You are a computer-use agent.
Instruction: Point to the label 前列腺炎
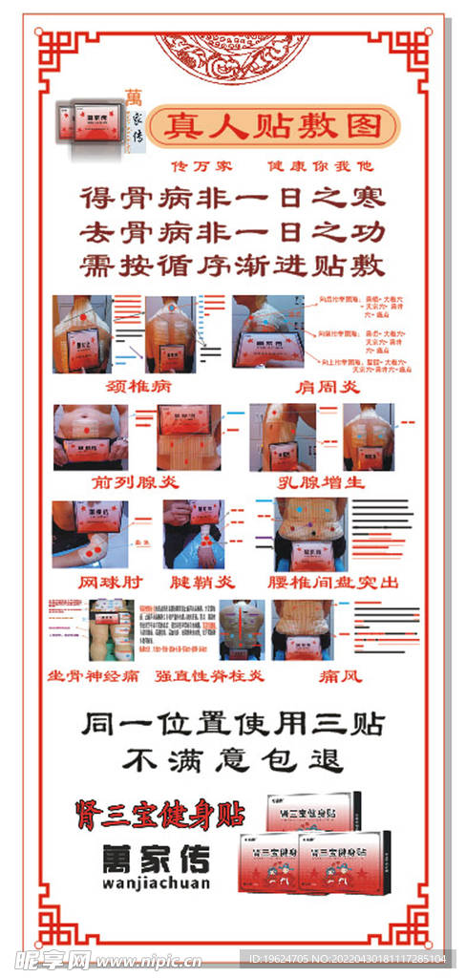[x=126, y=481]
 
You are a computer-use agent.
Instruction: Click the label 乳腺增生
[x=321, y=481]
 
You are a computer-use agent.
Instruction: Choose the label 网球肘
[x=107, y=581]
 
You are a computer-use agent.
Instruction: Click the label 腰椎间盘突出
[x=333, y=581]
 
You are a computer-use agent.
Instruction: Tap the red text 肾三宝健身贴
[x=160, y=814]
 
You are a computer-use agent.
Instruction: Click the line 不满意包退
[x=232, y=759]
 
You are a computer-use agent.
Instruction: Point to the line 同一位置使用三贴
[x=232, y=723]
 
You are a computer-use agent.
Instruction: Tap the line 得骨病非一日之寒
[x=232, y=198]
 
